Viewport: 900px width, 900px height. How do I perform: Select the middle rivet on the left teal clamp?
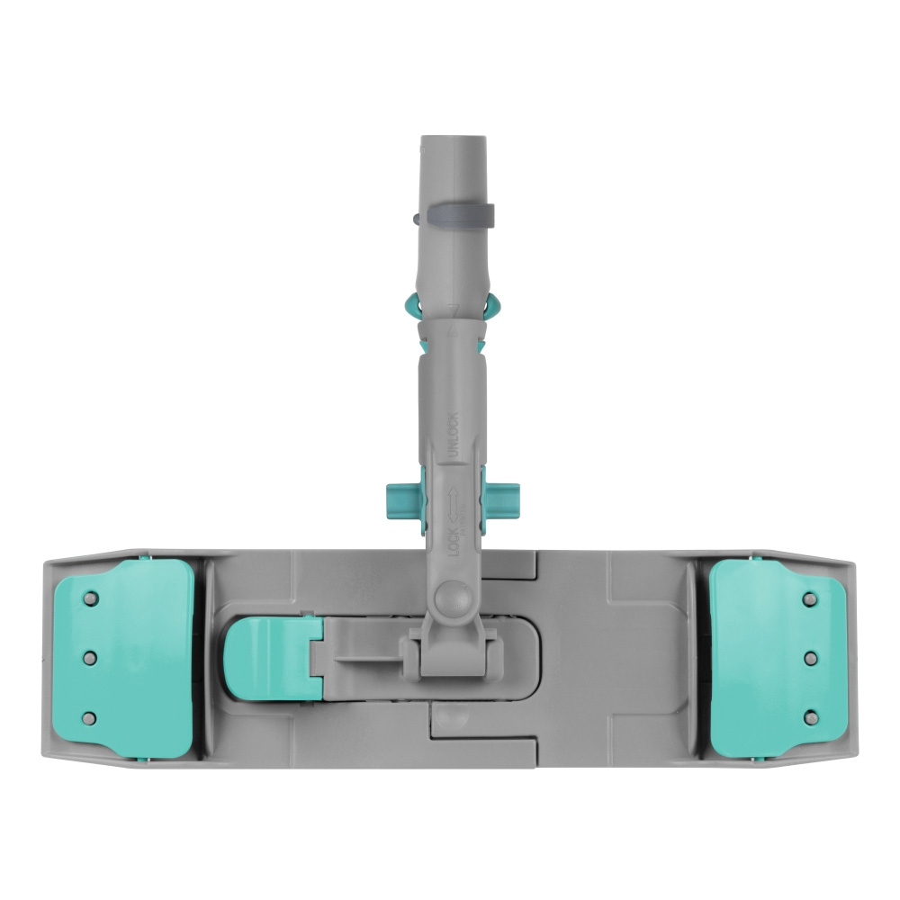(89, 658)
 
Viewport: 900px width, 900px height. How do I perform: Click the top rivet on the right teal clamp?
(810, 598)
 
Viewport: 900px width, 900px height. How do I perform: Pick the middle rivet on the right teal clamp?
(810, 658)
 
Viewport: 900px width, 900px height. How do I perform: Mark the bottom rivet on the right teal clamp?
(810, 717)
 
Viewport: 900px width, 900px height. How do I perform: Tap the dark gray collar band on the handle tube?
(458, 215)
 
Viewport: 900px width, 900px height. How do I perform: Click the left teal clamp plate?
(126, 657)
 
